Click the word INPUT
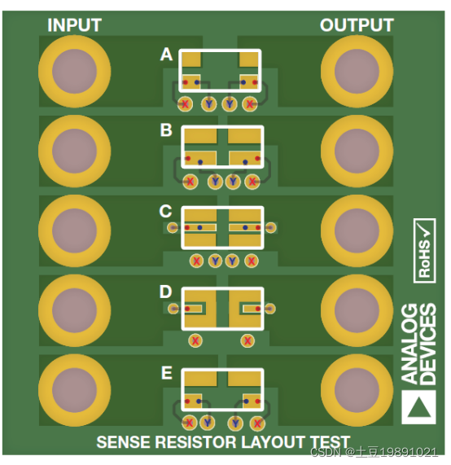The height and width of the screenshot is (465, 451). coord(74,25)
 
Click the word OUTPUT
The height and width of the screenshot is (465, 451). coord(357,25)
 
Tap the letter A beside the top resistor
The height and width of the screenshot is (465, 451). coord(166,55)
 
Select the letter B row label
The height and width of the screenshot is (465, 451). coord(166,130)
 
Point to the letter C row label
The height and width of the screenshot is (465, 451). coord(165,211)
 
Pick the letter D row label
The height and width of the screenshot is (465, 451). coord(165,292)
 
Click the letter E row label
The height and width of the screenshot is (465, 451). coord(166,373)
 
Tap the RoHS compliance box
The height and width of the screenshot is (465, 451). coord(425,251)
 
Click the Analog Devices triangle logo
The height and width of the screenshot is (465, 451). coord(418,407)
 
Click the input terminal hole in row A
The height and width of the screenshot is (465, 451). coord(74,71)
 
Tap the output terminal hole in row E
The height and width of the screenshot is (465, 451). coord(357,390)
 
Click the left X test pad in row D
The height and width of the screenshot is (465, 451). coord(195,340)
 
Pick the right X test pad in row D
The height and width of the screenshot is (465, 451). coord(247,340)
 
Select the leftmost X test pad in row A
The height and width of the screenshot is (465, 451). coord(185,104)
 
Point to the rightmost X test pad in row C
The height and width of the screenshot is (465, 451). coord(252,261)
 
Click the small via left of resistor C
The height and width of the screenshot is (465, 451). coord(173,228)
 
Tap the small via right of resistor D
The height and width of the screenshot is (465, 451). coord(269,309)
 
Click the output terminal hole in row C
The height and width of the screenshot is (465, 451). coord(357,230)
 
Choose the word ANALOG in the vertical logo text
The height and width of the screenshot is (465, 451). coord(409,344)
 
